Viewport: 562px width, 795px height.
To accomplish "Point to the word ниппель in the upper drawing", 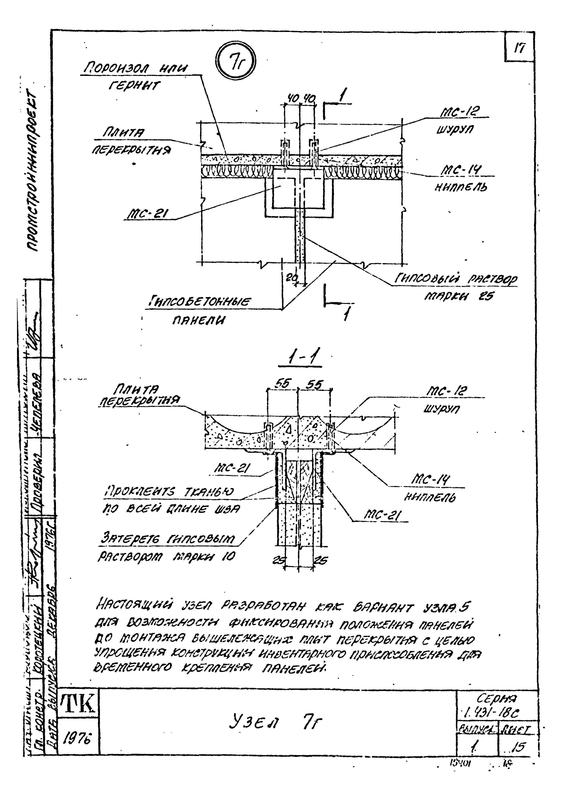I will [x=460, y=188].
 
